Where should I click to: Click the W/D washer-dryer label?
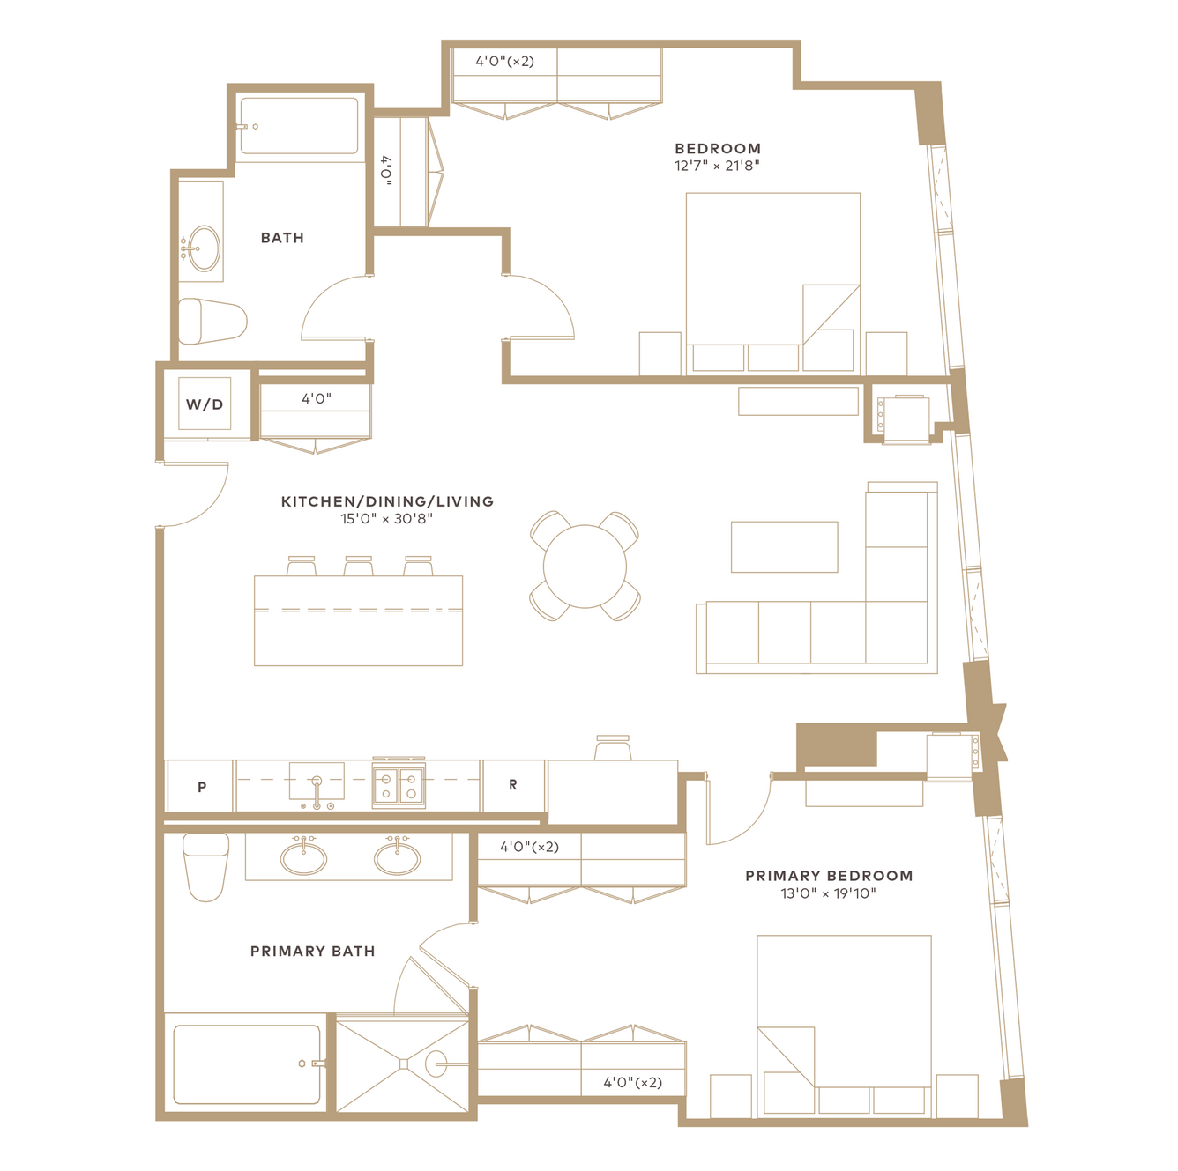pyautogui.click(x=205, y=404)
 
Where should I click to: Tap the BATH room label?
pyautogui.click(x=282, y=238)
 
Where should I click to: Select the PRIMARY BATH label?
pyautogui.click(x=312, y=951)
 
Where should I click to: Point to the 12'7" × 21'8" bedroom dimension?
pyautogui.click(x=717, y=166)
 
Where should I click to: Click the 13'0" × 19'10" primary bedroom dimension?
pyautogui.click(x=828, y=893)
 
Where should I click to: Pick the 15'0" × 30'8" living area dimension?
pyautogui.click(x=386, y=518)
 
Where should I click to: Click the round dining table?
pyautogui.click(x=585, y=566)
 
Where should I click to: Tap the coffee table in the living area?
pyautogui.click(x=785, y=546)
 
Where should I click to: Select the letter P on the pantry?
pyautogui.click(x=202, y=787)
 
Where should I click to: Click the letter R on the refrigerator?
pyautogui.click(x=513, y=785)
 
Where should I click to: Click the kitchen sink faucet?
pyautogui.click(x=317, y=792)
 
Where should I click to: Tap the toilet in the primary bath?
pyautogui.click(x=206, y=866)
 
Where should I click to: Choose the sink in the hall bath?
pyautogui.click(x=204, y=248)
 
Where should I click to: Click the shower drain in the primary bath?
pyautogui.click(x=404, y=1064)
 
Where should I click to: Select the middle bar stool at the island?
pyautogui.click(x=358, y=566)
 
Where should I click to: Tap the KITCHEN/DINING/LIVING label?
pyautogui.click(x=387, y=501)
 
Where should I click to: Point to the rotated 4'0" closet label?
pyautogui.click(x=385, y=171)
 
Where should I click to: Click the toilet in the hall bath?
pyautogui.click(x=212, y=321)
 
